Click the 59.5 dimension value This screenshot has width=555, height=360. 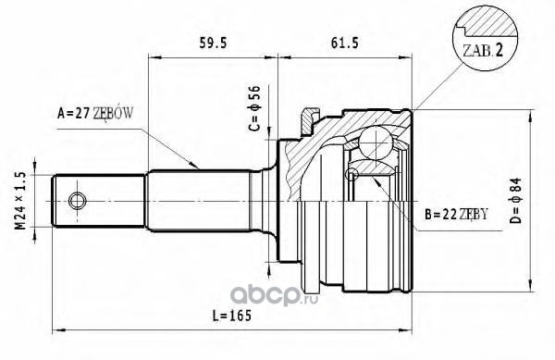coord(213,43)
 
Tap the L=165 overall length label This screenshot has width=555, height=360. coord(231,315)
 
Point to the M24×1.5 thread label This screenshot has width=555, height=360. coord(21,200)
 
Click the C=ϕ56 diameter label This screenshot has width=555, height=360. coord(255,108)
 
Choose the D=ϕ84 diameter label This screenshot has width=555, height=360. coord(516,200)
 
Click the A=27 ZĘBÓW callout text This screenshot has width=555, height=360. coord(95,113)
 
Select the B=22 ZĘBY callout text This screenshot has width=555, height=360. coord(456,214)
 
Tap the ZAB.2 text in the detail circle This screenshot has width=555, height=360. coord(483,51)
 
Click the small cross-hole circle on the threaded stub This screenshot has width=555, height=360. coord(77,201)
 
